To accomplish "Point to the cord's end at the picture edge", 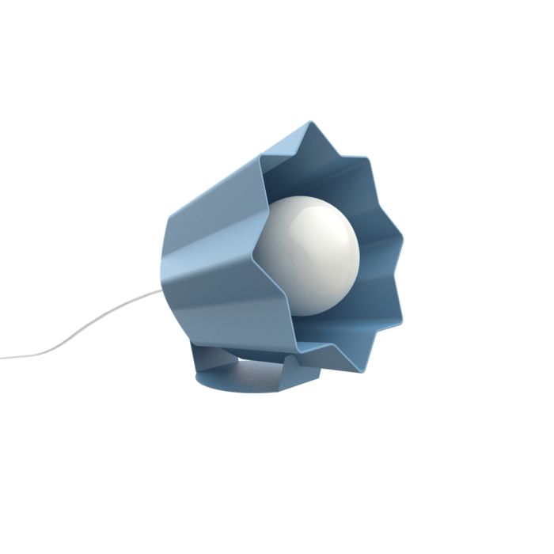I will click(x=2, y=358).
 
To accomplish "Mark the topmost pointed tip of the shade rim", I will click(x=310, y=122).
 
